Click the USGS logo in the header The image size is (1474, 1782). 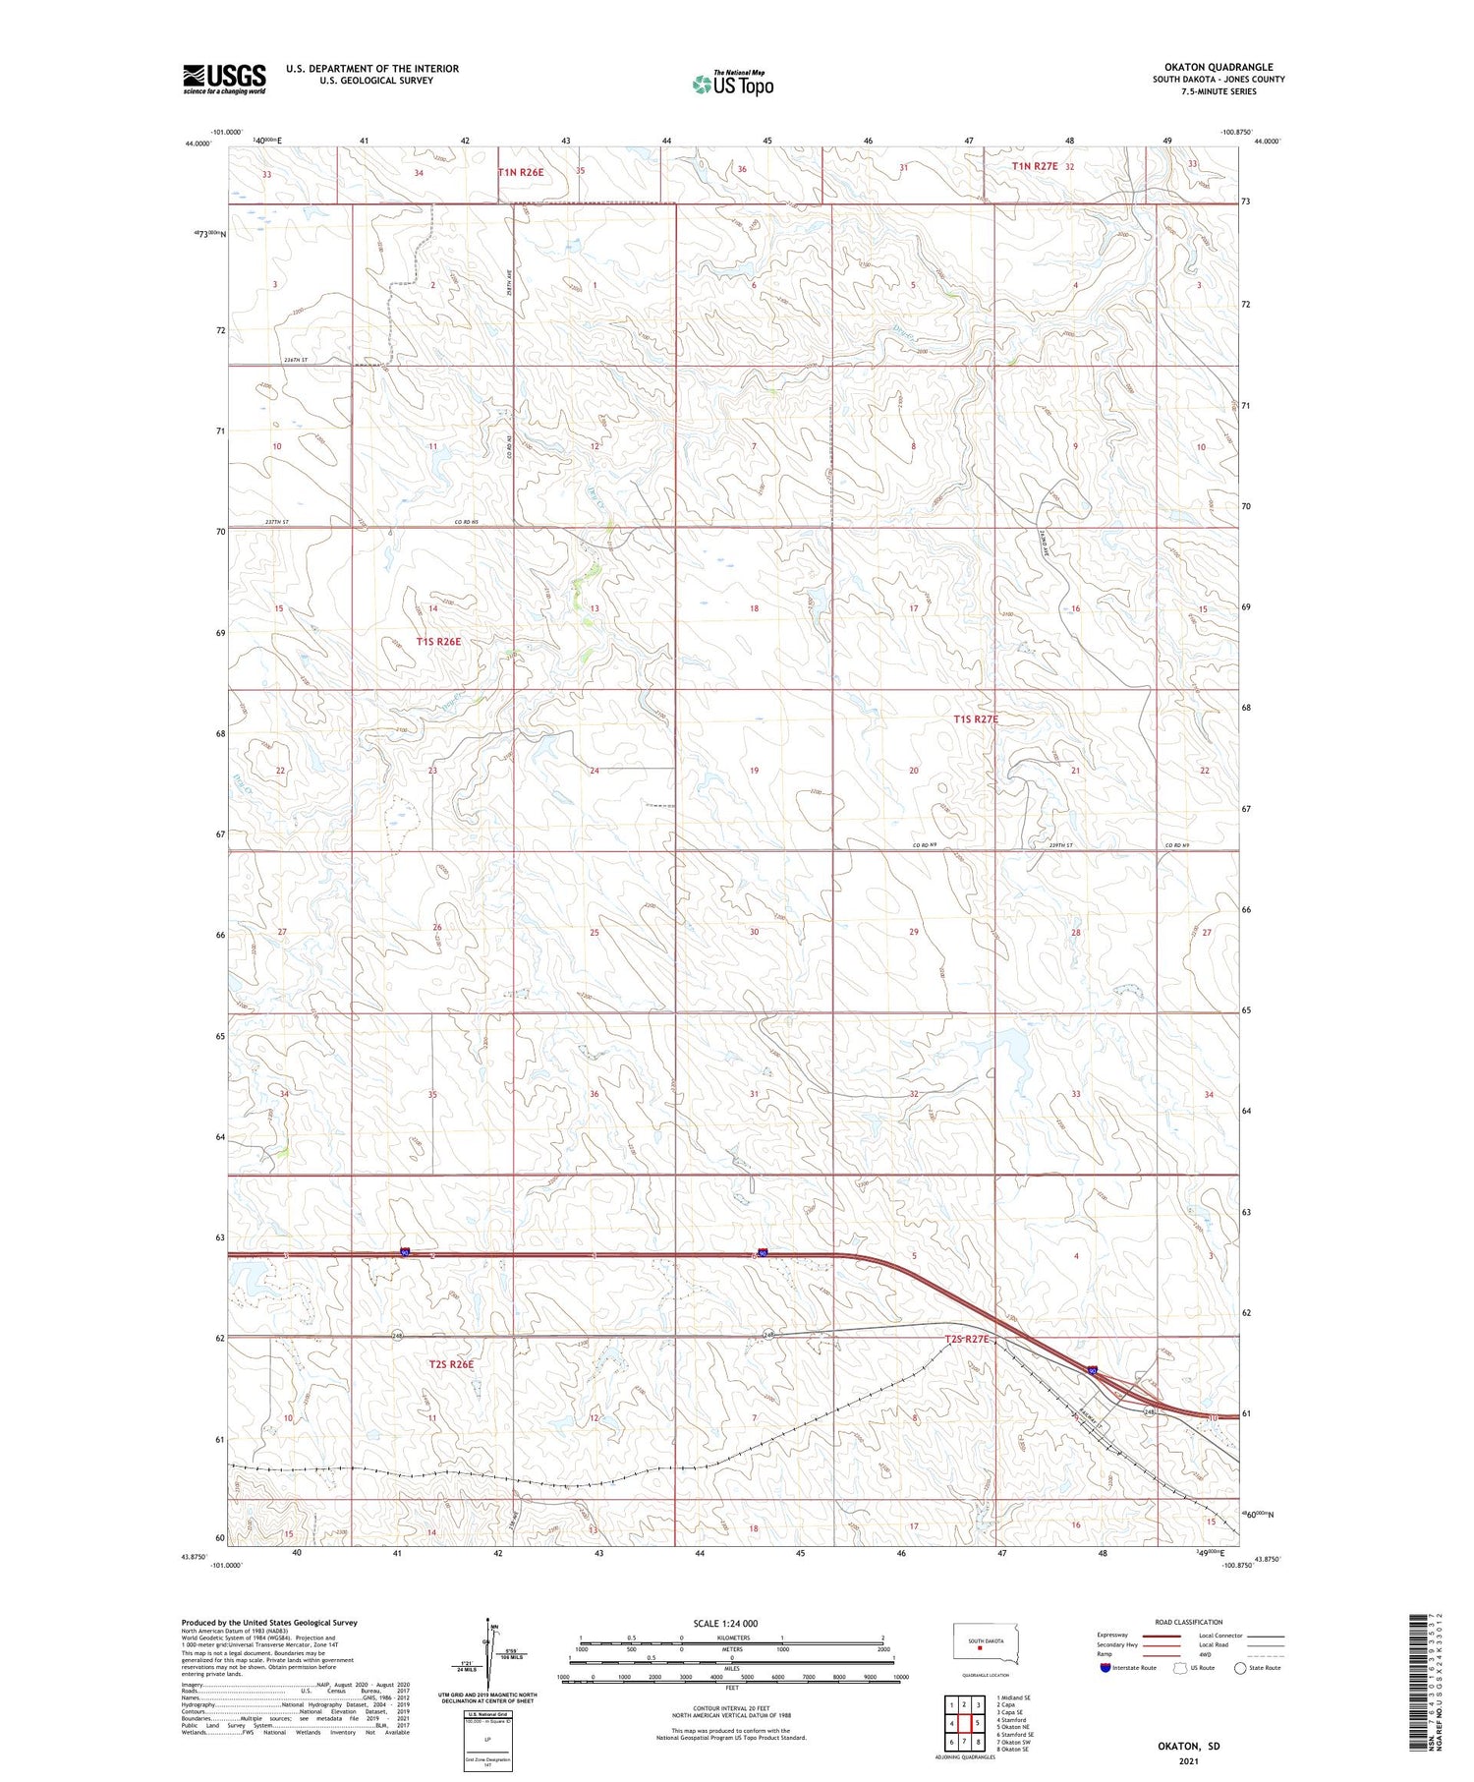224,79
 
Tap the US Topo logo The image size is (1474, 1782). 732,84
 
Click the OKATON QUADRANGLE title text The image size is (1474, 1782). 1218,68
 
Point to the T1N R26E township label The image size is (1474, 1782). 521,172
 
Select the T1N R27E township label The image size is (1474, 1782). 1035,166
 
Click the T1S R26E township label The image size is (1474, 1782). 438,642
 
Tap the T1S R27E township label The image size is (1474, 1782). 976,719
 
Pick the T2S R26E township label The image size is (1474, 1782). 451,1364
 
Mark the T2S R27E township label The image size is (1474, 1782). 971,1340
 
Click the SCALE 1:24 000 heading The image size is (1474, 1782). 725,1623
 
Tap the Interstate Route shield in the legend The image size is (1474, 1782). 1105,1668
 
